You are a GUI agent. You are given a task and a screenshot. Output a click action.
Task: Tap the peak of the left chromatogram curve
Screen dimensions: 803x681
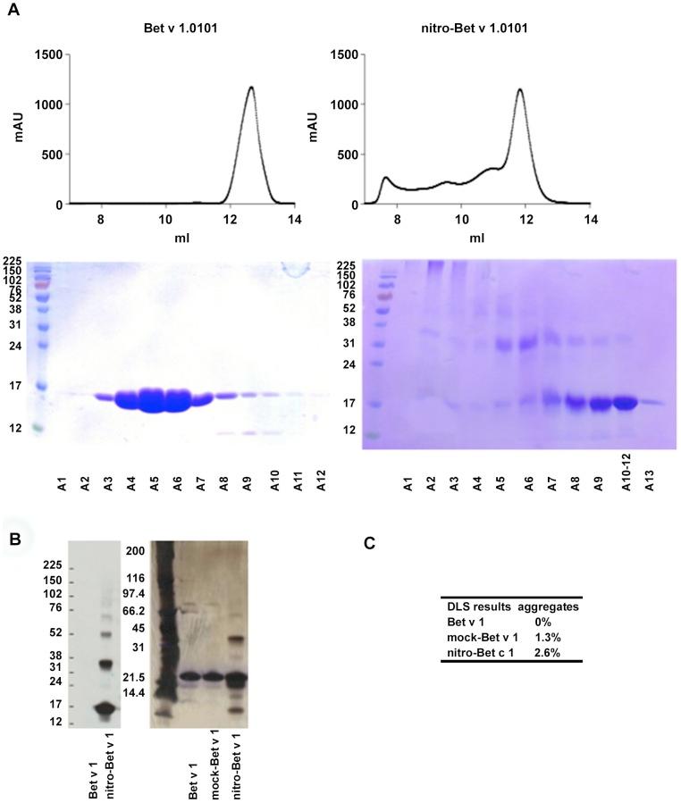point(251,88)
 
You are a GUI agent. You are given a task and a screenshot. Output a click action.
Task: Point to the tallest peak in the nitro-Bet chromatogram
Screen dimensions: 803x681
point(519,89)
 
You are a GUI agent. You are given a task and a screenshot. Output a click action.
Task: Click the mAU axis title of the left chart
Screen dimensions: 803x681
point(16,130)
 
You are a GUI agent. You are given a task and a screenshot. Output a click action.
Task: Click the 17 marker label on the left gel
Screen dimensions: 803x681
point(15,387)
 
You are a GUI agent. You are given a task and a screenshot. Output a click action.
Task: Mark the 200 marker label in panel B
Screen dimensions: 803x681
point(134,551)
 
